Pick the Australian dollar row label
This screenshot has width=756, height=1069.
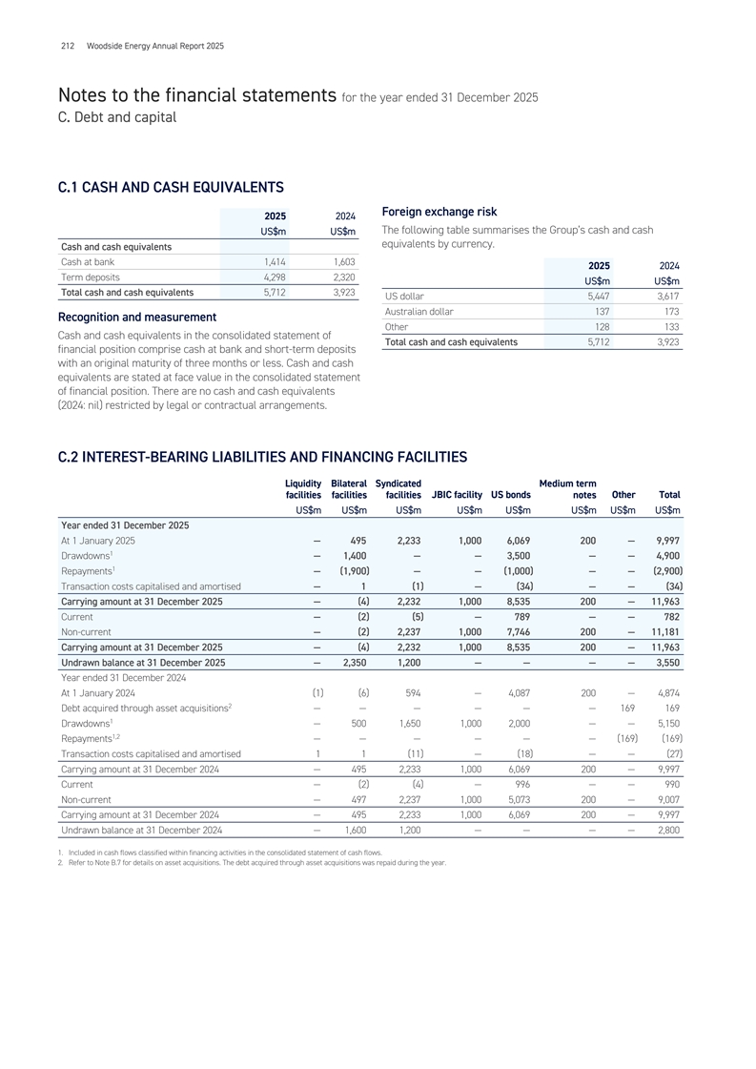click(x=419, y=311)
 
